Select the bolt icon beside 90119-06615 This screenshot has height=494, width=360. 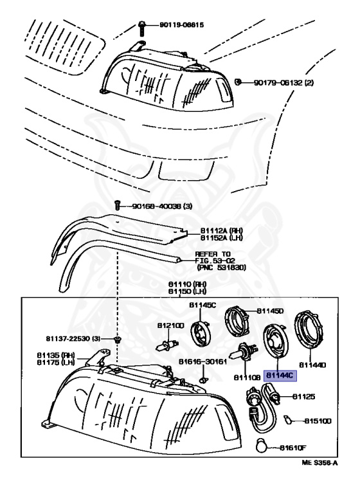click(x=140, y=27)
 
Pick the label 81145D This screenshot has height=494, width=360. click(x=270, y=311)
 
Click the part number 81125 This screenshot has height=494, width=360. click(x=304, y=397)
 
